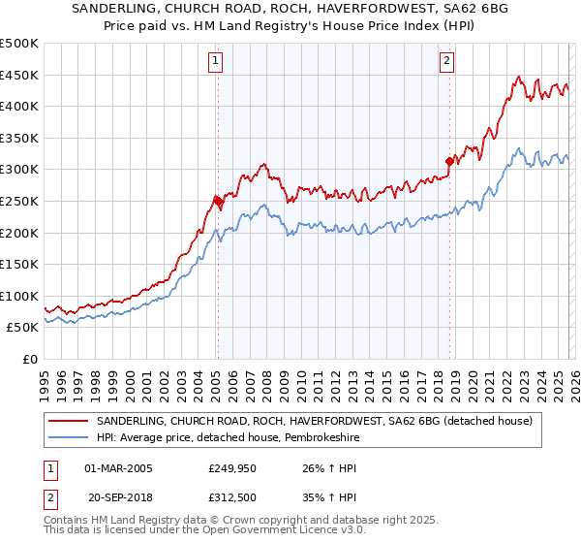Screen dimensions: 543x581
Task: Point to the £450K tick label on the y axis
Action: pyautogui.click(x=19, y=75)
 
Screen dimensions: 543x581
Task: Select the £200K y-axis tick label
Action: pyautogui.click(x=19, y=233)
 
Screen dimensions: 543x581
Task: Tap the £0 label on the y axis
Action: pyautogui.click(x=31, y=359)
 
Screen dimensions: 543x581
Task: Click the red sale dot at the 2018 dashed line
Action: pyautogui.click(x=449, y=162)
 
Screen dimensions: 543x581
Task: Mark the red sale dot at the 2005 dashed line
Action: pyautogui.click(x=217, y=201)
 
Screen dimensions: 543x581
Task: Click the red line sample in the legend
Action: pyautogui.click(x=68, y=421)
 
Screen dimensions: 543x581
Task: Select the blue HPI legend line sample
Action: pyautogui.click(x=68, y=437)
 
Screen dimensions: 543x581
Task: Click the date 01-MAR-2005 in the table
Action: pyautogui.click(x=118, y=469)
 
